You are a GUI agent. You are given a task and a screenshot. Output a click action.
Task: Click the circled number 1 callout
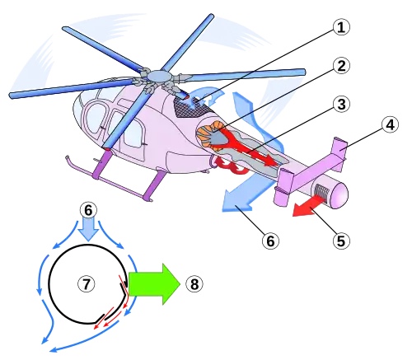point(341,27)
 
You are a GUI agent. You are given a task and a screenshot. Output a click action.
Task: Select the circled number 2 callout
point(341,66)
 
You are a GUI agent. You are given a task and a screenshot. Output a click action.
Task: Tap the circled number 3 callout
point(341,105)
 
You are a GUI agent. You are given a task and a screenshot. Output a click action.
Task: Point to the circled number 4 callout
point(390,125)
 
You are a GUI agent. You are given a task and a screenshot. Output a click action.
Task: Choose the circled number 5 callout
point(341,241)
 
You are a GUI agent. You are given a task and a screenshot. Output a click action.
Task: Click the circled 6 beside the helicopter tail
point(270,241)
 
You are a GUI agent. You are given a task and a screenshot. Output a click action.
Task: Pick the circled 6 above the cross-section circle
point(88,211)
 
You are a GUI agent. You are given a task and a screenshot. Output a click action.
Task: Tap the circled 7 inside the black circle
point(87,283)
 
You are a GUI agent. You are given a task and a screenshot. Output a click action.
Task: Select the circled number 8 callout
point(194,283)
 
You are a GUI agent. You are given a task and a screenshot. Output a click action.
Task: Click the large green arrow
point(154,284)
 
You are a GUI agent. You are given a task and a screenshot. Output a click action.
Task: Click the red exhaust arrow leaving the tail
point(307,207)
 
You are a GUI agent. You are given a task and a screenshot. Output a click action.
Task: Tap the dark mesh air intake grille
point(192,107)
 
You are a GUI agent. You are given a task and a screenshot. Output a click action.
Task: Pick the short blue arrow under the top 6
point(88,229)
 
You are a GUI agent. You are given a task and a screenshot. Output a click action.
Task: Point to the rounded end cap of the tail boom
point(339,195)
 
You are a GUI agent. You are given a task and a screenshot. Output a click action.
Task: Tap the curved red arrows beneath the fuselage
point(232,165)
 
